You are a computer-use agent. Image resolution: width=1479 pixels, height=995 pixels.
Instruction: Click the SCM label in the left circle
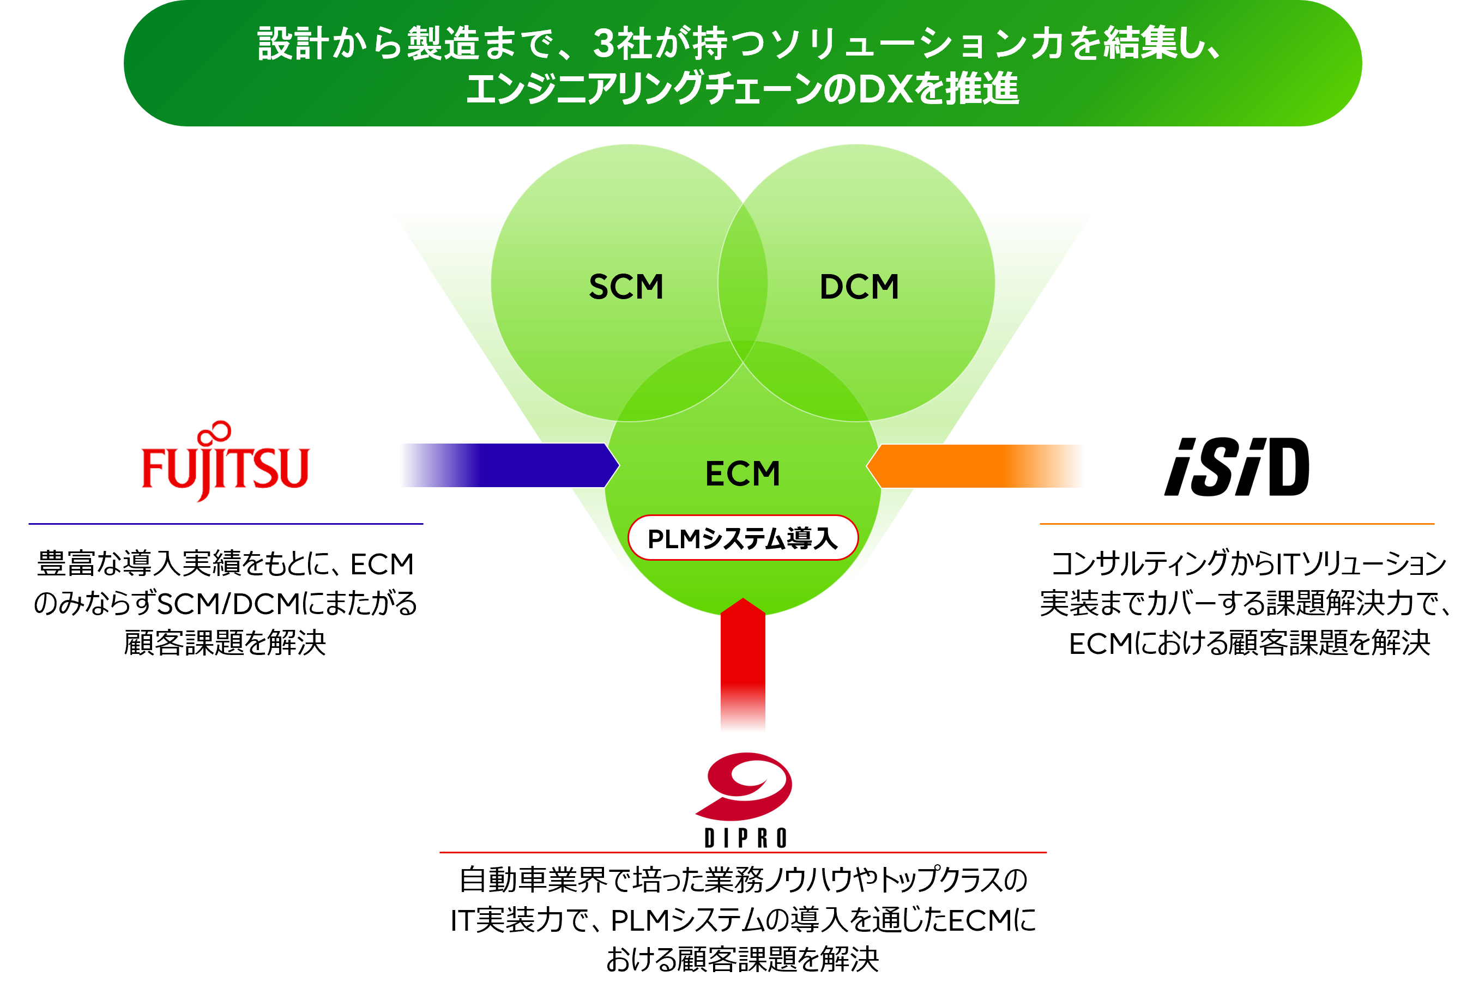coord(626,287)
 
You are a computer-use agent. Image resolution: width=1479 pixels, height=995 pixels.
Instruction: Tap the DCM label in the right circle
coord(859,287)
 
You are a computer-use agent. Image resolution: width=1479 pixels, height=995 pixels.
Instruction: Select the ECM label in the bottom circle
coord(742,474)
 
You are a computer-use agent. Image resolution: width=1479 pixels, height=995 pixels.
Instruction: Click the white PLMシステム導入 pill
coord(742,538)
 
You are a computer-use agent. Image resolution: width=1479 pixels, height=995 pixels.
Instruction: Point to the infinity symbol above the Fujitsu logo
coord(214,433)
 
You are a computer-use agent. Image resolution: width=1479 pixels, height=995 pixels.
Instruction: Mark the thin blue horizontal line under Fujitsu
coord(225,524)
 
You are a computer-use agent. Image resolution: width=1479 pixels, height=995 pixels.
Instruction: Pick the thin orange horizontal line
coord(1236,524)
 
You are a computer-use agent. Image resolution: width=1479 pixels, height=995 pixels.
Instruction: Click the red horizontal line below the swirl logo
coord(742,852)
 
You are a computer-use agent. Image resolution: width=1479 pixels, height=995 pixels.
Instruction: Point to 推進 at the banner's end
coord(982,89)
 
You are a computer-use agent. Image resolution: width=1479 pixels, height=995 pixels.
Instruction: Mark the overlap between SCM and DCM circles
coord(742,282)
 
